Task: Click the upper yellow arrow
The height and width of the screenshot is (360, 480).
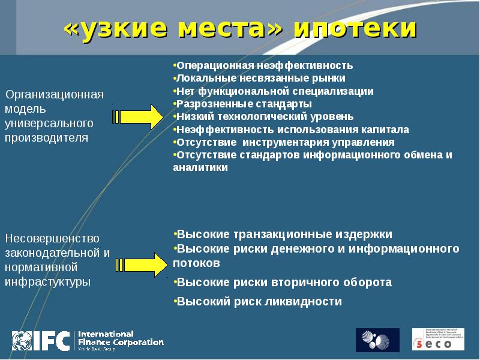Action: (x=139, y=116)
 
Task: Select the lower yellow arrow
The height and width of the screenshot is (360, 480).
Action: (x=139, y=265)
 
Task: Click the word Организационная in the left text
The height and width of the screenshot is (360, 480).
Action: (x=55, y=95)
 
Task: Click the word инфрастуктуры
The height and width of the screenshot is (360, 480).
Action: (x=48, y=280)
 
